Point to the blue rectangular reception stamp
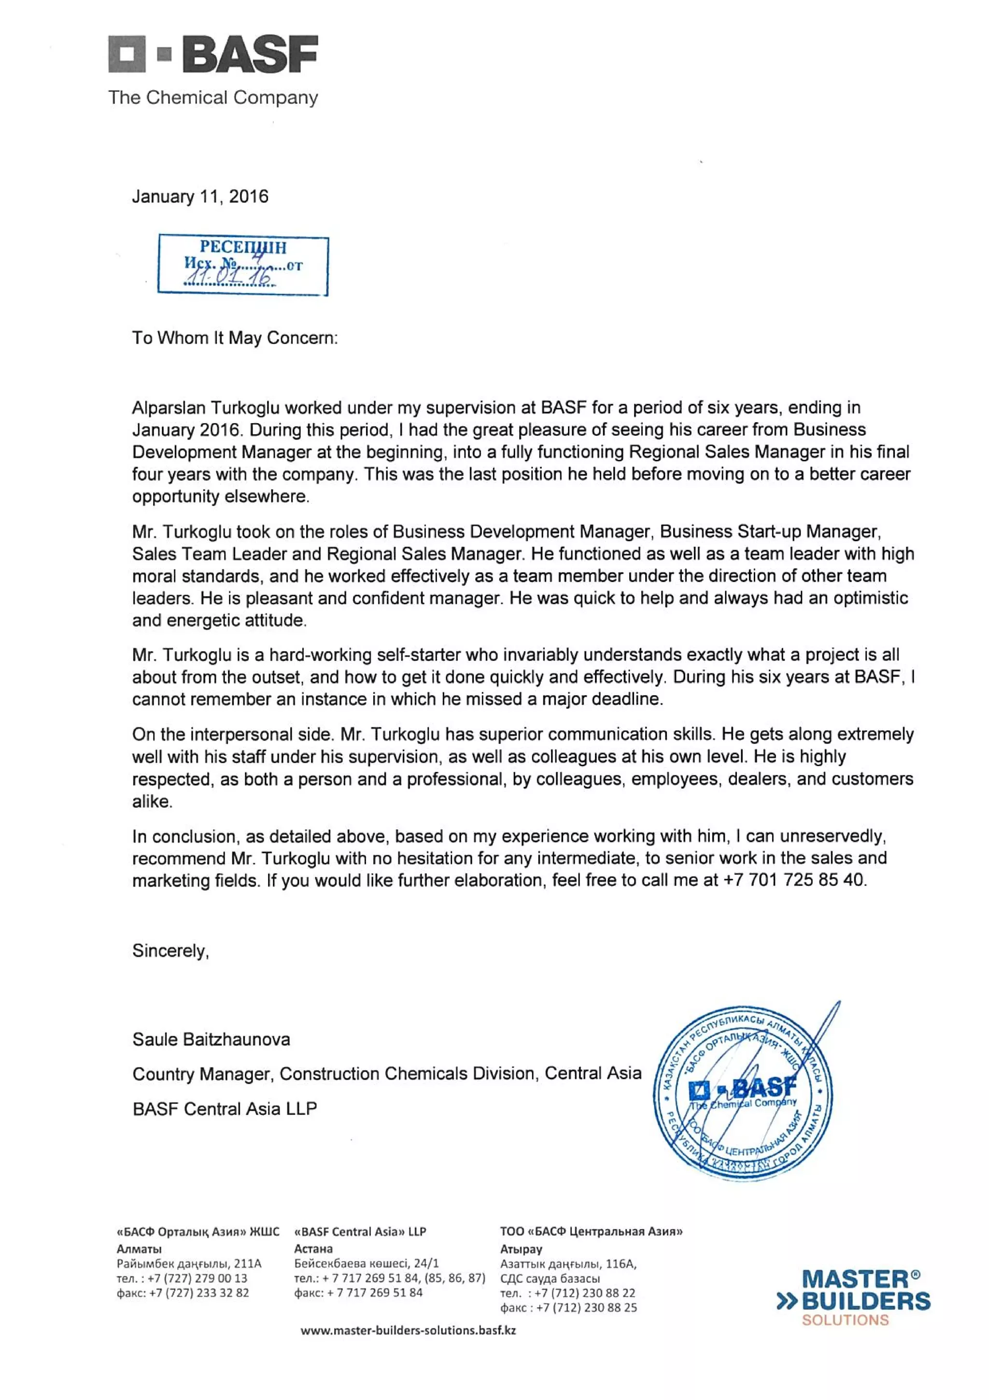tap(242, 265)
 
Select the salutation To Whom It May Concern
tap(235, 338)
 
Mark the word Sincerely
tap(170, 951)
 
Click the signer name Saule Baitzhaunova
tap(211, 1039)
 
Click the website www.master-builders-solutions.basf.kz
tap(408, 1330)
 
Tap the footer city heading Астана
tap(313, 1248)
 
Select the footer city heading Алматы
tap(139, 1248)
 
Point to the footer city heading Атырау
tap(521, 1249)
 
